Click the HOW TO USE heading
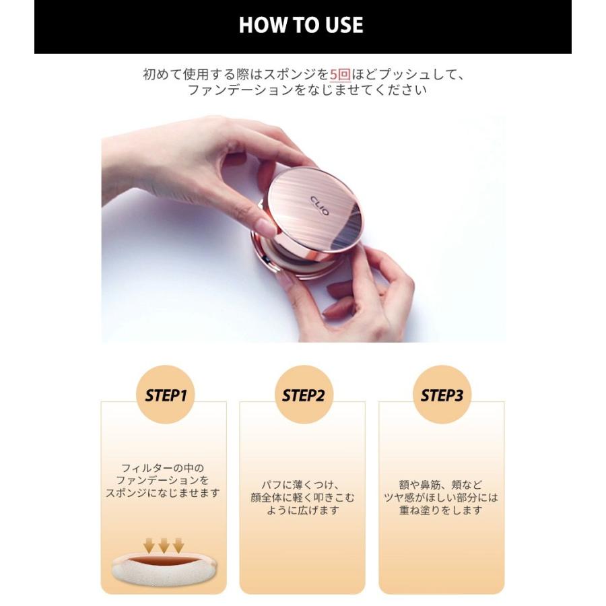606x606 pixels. click(x=301, y=25)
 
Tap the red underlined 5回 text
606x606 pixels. click(x=340, y=74)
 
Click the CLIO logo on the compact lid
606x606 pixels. click(x=320, y=205)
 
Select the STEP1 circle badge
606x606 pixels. click(x=166, y=395)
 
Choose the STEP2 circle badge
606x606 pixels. click(x=304, y=395)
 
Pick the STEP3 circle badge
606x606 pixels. click(x=442, y=395)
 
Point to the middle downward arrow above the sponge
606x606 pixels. click(x=164, y=545)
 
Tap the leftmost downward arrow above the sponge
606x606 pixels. click(x=149, y=545)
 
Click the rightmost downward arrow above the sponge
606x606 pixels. click(x=178, y=545)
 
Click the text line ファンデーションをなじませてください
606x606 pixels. click(x=307, y=90)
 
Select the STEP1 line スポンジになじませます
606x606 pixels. click(x=163, y=493)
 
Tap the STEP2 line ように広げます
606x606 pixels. click(x=302, y=510)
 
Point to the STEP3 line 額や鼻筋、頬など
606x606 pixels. click(x=440, y=485)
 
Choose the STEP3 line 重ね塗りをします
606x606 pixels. click(x=440, y=510)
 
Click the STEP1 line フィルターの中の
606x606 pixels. click(x=163, y=468)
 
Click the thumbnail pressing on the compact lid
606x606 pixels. click(x=267, y=226)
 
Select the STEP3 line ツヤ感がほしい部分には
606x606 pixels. click(x=441, y=498)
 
